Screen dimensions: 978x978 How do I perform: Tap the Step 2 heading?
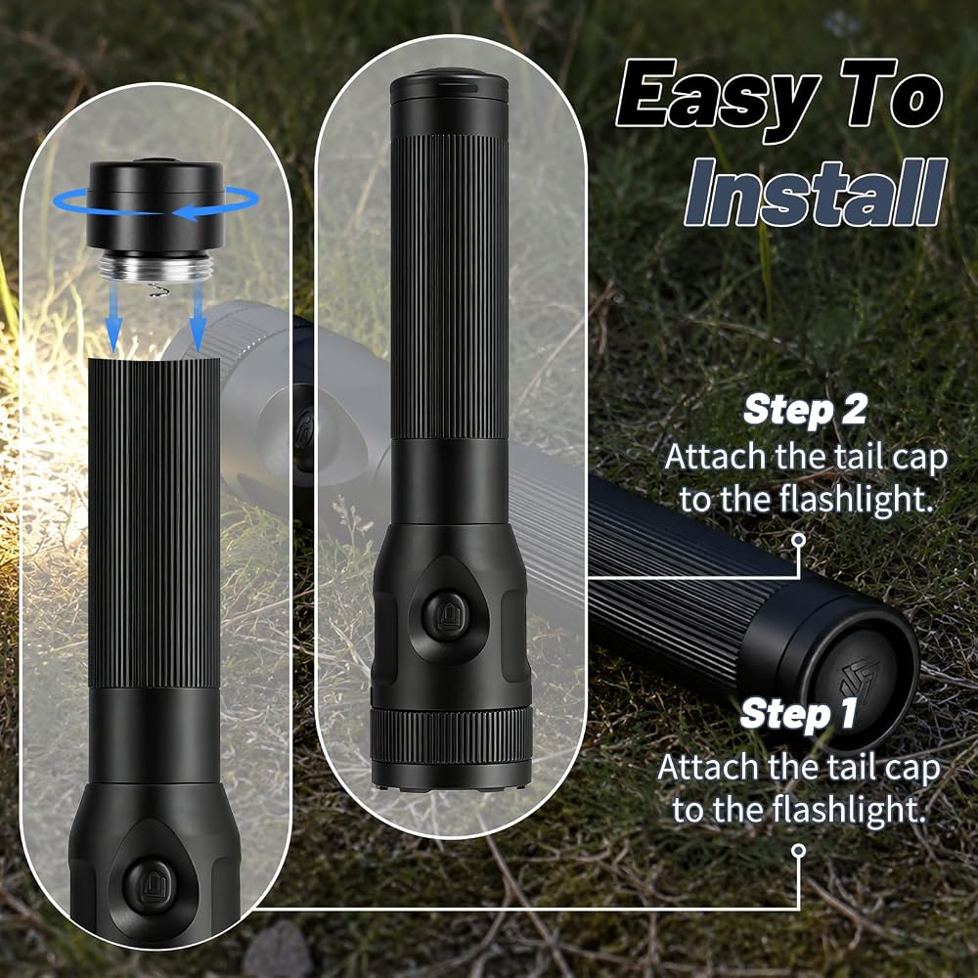coord(805,410)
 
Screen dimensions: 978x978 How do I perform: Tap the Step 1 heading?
coord(798,714)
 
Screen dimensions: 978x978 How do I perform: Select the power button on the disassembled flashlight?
coord(150,886)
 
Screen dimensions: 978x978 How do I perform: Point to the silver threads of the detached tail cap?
coord(155,266)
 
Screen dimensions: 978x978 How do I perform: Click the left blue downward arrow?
coord(112,315)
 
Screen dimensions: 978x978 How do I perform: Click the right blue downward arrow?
coord(198,315)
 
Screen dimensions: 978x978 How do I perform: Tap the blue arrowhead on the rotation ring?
coord(186,213)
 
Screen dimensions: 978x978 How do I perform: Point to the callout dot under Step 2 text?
coord(798,540)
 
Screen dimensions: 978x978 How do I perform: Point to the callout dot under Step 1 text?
coord(798,851)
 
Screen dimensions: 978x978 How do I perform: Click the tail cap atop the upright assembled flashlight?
coord(449,89)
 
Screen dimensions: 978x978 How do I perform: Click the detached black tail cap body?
coord(155,205)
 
